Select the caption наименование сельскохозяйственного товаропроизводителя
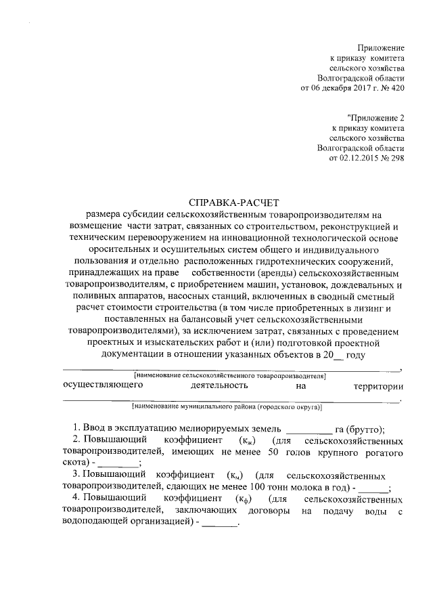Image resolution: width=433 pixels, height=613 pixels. [x=231, y=374]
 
